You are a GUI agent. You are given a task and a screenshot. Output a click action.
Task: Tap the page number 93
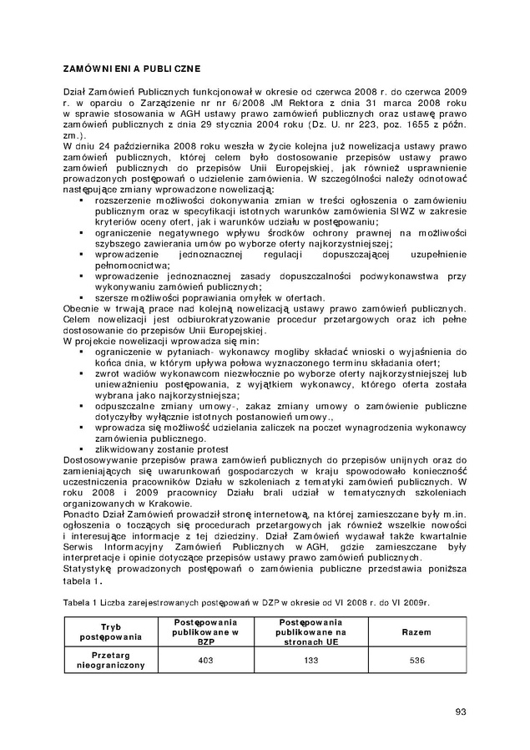(461, 712)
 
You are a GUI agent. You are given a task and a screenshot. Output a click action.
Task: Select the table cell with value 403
(204, 660)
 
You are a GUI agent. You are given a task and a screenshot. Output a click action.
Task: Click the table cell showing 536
(416, 660)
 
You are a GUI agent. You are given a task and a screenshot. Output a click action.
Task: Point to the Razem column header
(416, 632)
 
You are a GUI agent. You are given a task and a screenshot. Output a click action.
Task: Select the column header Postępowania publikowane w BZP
(204, 632)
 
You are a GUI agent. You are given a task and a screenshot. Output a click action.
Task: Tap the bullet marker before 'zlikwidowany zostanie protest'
(81, 449)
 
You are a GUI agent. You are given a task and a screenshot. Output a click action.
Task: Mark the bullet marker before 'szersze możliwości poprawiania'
(81, 297)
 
